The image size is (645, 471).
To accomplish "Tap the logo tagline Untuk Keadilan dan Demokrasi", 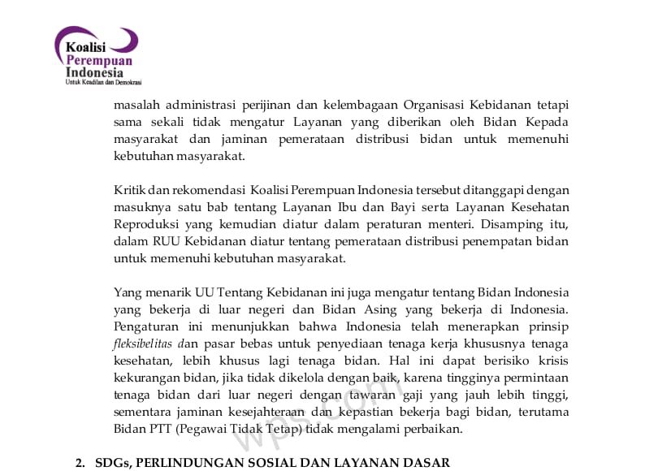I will (x=103, y=82).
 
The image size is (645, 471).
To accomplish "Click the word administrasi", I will (x=201, y=105).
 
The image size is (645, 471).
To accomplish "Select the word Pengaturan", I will (x=148, y=327).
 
